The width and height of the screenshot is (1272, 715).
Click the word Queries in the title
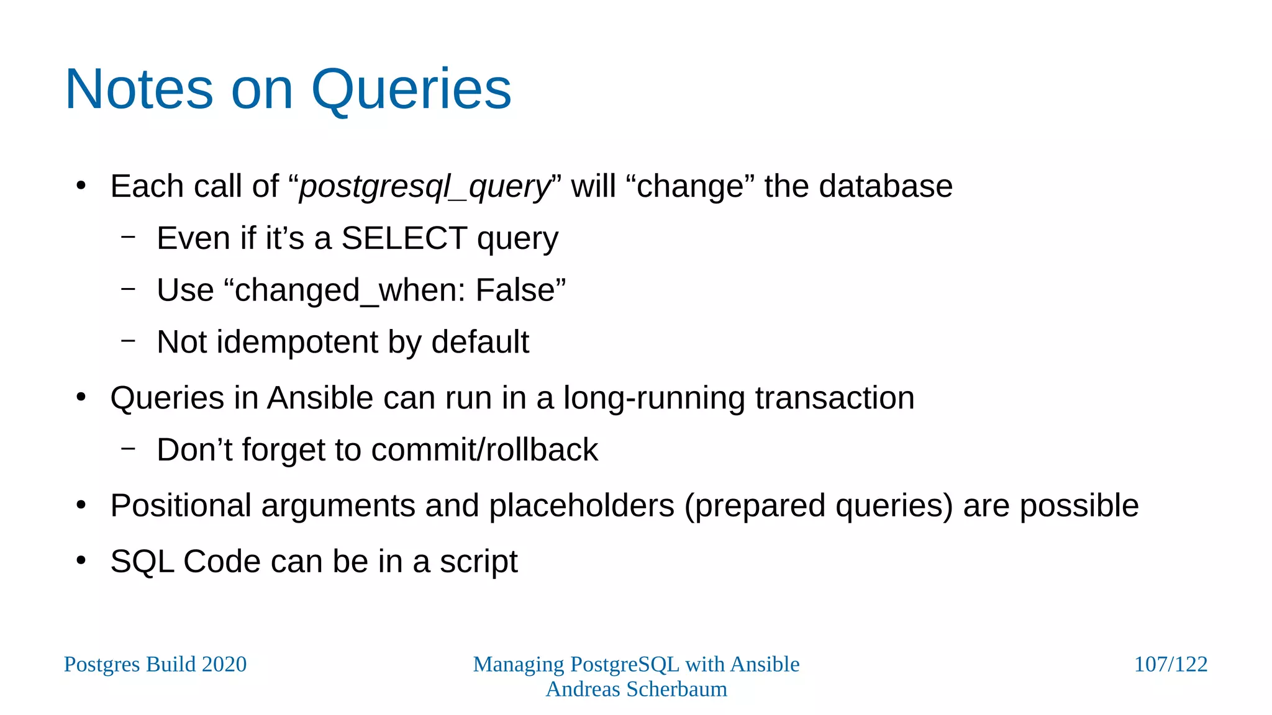pos(411,90)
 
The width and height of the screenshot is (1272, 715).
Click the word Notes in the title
pos(139,90)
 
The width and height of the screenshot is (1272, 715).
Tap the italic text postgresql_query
pos(425,186)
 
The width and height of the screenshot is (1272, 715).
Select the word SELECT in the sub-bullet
pos(404,238)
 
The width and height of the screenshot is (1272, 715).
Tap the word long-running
pos(653,398)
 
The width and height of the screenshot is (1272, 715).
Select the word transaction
pos(834,398)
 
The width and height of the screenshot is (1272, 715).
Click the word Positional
pos(181,506)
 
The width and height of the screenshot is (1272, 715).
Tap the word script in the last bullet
pos(478,562)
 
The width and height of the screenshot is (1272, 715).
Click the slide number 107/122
pos(1170,665)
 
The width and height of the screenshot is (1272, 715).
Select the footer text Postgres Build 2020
pos(155,665)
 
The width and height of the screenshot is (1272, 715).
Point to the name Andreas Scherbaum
pos(636,690)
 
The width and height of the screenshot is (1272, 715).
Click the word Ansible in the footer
pos(765,665)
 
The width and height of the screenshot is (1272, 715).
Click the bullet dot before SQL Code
pos(81,560)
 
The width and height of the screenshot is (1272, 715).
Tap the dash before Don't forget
pos(129,447)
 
